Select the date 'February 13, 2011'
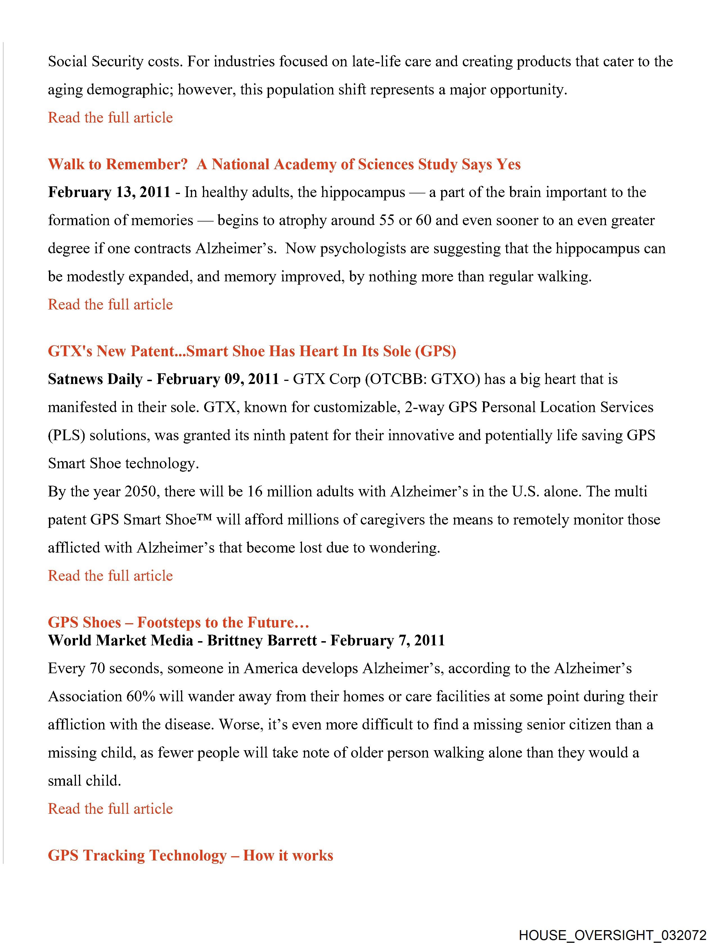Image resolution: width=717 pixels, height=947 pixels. coord(109,192)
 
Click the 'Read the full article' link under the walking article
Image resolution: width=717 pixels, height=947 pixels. coord(110,304)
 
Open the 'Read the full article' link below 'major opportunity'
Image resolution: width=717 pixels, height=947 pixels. coord(110,117)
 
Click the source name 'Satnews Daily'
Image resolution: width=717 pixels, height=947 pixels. coord(95,379)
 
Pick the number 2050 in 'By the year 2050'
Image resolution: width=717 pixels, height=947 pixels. coord(141,491)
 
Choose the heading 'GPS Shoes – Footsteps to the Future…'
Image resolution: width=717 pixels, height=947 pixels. coord(178,622)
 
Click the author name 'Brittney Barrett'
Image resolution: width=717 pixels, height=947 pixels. coord(262,640)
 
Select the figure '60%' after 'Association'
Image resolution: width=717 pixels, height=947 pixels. coord(141,697)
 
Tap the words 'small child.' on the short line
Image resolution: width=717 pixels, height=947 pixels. coord(84,781)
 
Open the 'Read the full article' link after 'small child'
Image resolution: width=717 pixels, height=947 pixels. coord(110,809)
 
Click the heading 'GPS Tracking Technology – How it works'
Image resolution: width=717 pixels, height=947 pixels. coord(190,855)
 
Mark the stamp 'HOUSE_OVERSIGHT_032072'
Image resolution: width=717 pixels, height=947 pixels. coord(612,935)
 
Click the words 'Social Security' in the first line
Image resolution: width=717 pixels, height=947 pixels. coord(95,62)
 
